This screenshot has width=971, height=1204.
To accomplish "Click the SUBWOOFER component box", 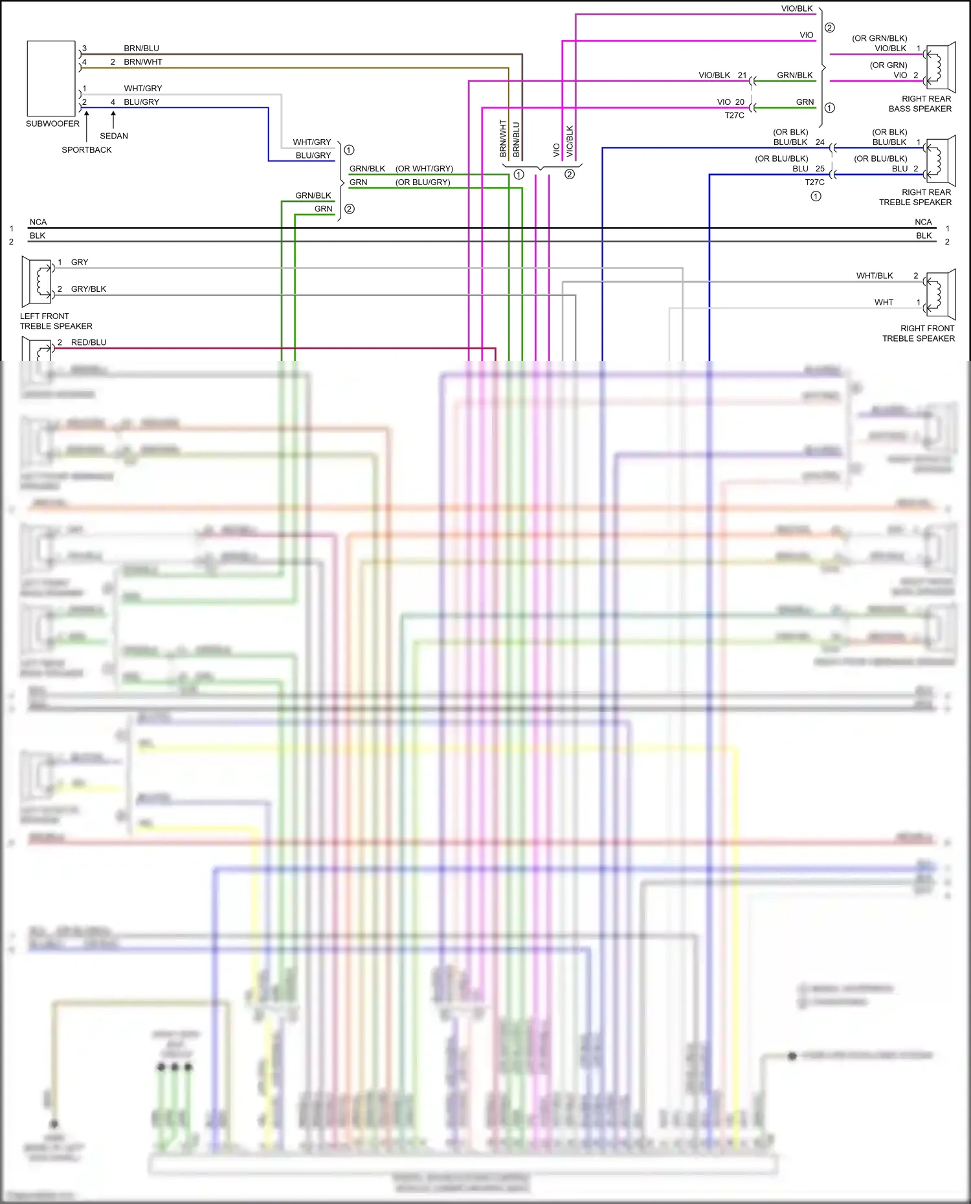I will point(51,78).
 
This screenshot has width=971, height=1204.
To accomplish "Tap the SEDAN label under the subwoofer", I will point(114,136).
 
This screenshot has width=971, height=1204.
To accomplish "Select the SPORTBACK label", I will point(87,149).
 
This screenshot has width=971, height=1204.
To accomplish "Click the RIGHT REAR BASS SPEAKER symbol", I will point(941,67).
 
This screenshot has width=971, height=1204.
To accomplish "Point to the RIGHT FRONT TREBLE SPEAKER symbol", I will point(941,294).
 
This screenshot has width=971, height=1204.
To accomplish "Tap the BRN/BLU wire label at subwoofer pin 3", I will point(141,49).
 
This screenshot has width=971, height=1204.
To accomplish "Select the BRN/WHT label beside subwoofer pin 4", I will point(143,62).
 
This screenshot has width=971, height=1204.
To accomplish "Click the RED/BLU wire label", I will point(89,342).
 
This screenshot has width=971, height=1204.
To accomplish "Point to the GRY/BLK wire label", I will point(89,289).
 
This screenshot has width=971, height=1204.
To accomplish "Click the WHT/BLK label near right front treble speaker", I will point(875,276).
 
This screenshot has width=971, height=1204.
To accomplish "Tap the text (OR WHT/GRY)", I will point(424,169).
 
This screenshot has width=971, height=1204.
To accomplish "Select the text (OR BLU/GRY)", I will point(423,182).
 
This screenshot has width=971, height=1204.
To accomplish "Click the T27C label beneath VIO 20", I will point(734,115).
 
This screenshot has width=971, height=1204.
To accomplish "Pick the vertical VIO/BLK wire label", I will point(570,140).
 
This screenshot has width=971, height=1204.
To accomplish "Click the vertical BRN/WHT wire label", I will point(503,138).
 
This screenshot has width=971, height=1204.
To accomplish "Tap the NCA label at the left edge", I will point(38,222).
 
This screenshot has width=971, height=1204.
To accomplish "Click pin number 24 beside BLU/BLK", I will point(820,142).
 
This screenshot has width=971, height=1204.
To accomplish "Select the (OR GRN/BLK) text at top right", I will point(879,38).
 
